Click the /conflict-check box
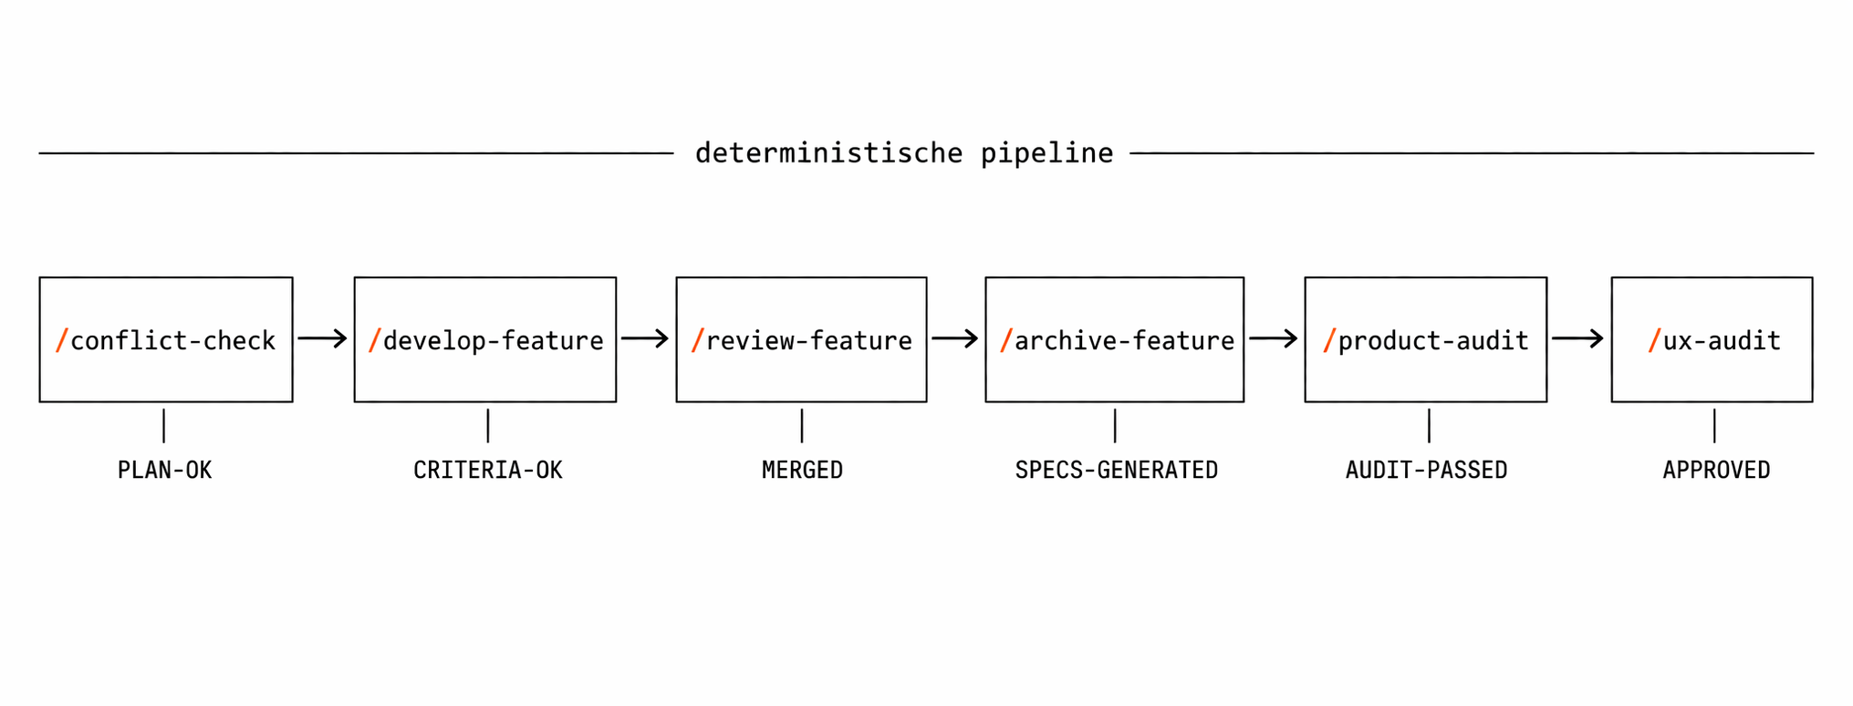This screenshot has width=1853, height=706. [x=166, y=339]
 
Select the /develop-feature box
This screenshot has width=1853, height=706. [x=485, y=339]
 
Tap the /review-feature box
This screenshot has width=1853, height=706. [x=801, y=339]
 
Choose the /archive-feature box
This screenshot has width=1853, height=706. [x=1114, y=339]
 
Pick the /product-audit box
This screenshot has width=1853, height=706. [x=1425, y=339]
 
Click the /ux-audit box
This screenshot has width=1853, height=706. [x=1712, y=339]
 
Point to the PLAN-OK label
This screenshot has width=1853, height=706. [x=165, y=471]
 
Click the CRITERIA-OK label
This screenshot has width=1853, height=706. [x=488, y=471]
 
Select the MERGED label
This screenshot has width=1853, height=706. [x=802, y=471]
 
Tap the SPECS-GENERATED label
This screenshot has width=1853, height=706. [x=1117, y=471]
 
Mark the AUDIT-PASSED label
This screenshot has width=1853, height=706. [x=1426, y=471]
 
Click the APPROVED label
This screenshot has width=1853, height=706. [x=1716, y=471]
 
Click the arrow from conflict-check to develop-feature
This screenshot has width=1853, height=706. [x=323, y=339]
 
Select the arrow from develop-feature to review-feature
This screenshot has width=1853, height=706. [x=645, y=339]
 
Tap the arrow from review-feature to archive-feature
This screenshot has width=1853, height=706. [x=955, y=339]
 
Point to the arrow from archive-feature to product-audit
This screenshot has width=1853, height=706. [x=1274, y=339]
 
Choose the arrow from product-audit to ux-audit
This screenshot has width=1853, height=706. [x=1578, y=339]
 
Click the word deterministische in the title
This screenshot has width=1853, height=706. [x=828, y=153]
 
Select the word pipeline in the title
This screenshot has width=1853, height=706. [x=1046, y=153]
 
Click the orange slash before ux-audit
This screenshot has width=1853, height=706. [x=1654, y=340]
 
